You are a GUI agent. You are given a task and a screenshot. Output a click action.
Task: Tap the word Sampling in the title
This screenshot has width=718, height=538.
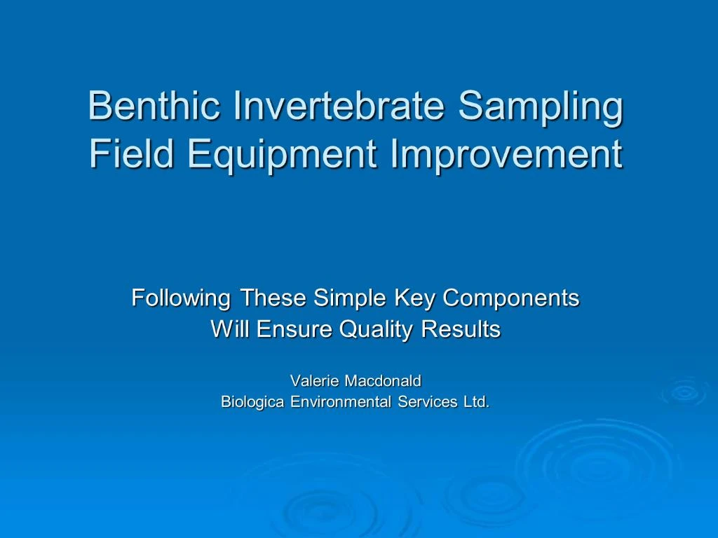(540, 106)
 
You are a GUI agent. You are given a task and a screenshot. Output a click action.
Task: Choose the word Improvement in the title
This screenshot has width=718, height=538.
(506, 154)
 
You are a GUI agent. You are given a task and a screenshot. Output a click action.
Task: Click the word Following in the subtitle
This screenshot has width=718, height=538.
(180, 298)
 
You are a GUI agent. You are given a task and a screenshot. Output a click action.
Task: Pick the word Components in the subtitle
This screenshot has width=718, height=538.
(511, 298)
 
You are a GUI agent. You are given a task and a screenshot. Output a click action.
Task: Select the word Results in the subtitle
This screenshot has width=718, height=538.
(461, 329)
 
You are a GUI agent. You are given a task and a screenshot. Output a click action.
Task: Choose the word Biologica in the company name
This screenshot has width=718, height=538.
(252, 402)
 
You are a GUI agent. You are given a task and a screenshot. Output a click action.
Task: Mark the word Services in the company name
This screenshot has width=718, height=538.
(428, 402)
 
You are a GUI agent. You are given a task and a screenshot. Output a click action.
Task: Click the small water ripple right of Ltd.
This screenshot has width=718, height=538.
(682, 392)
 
